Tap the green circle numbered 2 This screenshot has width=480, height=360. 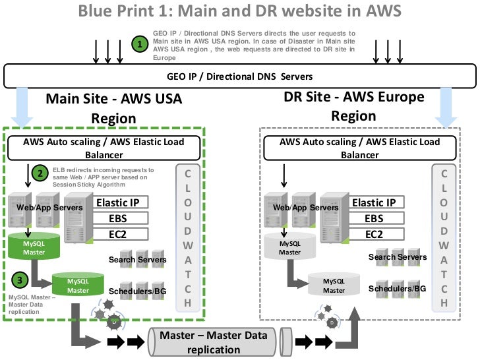click(41, 174)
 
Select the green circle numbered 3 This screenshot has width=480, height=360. click(22, 280)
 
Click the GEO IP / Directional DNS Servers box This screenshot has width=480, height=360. click(241, 76)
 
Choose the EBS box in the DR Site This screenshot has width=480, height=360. click(373, 218)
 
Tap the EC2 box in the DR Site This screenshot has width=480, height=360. click(373, 234)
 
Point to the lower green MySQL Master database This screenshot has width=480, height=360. click(77, 285)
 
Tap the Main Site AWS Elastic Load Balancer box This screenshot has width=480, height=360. click(104, 148)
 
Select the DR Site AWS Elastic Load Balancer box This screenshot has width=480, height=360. click(359, 148)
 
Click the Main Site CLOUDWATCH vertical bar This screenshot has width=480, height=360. click(187, 237)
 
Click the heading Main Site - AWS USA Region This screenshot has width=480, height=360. click(113, 108)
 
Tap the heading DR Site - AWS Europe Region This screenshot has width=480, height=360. click(353, 106)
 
